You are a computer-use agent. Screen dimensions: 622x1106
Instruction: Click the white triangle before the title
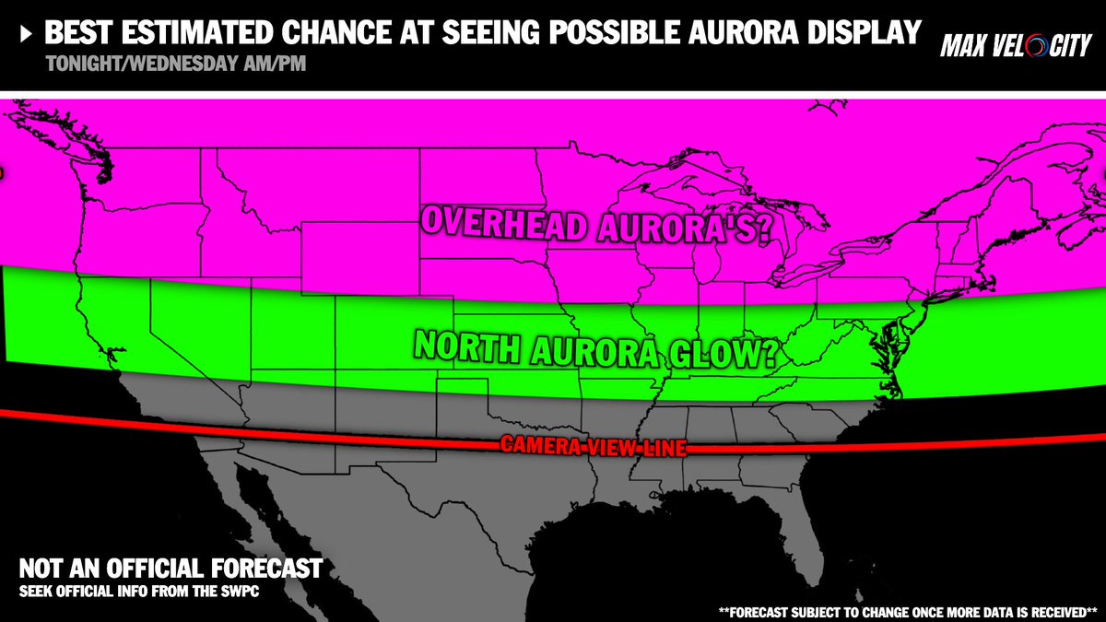point(26,34)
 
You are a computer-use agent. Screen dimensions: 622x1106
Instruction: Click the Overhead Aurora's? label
point(595,225)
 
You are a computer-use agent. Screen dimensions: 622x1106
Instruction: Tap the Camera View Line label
point(594,447)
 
